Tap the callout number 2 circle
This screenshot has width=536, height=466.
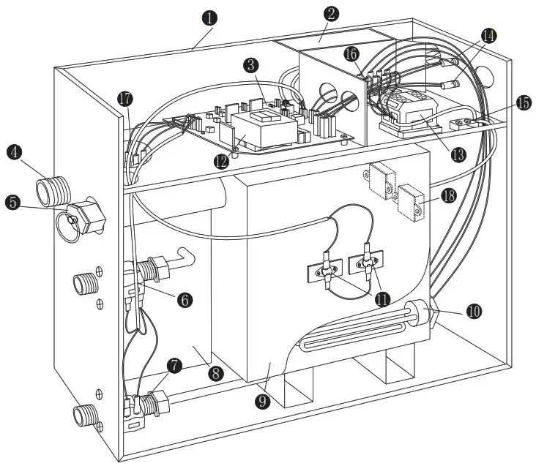tap(332, 12)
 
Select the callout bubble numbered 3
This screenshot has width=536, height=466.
tap(252, 65)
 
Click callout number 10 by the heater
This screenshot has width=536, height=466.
tap(474, 311)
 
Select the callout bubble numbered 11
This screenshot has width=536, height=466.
tap(381, 298)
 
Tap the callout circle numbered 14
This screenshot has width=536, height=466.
tap(488, 35)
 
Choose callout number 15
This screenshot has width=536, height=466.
tap(523, 102)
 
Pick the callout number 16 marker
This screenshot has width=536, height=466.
tap(351, 54)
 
